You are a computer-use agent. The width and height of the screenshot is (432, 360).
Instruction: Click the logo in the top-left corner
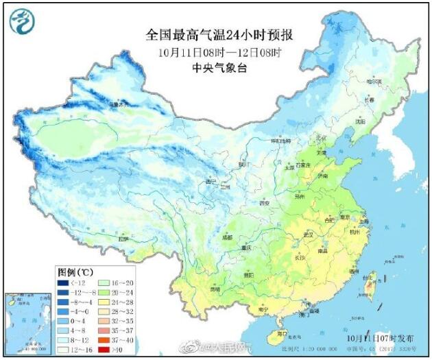point(23,22)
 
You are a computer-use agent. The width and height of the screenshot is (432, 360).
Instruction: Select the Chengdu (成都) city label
point(226,237)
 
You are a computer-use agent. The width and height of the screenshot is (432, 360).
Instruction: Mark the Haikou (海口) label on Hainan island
point(280,333)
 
